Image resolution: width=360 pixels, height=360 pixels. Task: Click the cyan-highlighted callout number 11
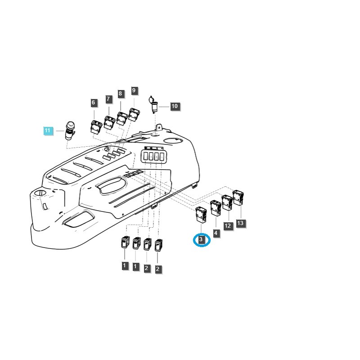point(48,131)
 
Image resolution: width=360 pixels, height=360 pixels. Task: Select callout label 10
point(175,107)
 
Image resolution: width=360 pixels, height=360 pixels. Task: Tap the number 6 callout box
point(94,103)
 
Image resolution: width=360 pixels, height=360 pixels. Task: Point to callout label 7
point(108,99)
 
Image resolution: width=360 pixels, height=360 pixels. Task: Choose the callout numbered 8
point(121,94)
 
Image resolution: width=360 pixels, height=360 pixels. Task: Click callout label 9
point(134,91)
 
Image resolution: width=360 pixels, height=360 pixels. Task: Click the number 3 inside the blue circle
point(201,240)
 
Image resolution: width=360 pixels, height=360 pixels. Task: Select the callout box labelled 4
point(216,233)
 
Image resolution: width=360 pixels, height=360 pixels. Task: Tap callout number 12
point(228,226)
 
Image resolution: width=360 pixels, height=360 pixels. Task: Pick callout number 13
point(241,223)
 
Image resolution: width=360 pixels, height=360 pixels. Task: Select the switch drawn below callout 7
point(110,122)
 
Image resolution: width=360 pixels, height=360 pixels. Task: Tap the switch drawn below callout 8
point(122,118)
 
